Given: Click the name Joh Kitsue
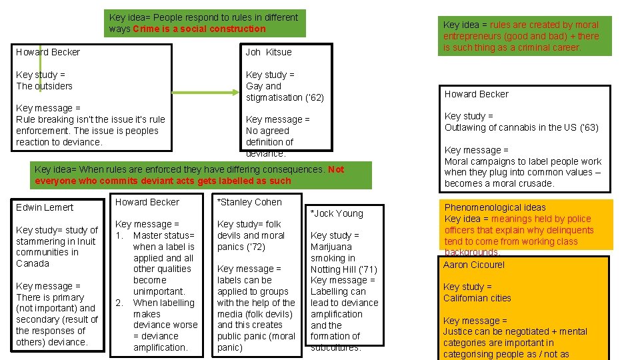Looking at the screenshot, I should click(268, 52).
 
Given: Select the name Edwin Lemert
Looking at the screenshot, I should click(45, 207).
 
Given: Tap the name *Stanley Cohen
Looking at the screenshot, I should click(249, 202).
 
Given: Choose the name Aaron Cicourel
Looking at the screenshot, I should click(473, 265).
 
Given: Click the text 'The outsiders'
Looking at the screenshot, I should click(44, 86).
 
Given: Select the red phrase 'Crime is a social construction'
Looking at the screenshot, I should click(199, 29).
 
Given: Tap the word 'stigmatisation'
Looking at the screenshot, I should click(274, 97).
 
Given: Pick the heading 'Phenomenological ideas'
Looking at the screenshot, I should click(495, 207).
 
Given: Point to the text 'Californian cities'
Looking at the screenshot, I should click(477, 298).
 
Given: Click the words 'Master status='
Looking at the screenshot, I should click(164, 235).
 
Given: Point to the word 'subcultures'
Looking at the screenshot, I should click(335, 347).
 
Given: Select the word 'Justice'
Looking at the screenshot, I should click(459, 331).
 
